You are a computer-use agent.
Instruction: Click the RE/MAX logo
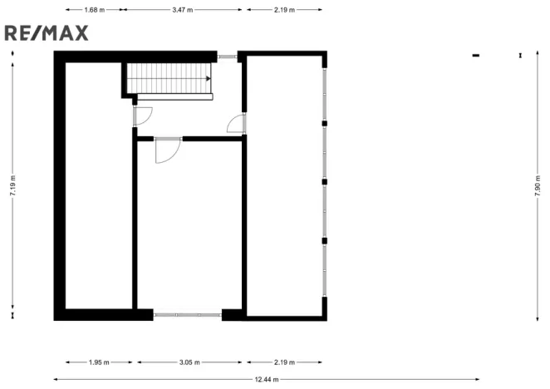point(46,32)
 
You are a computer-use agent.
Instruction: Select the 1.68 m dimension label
point(96,10)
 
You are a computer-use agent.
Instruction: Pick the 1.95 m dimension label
point(99,362)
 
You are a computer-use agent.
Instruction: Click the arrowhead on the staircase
point(207,79)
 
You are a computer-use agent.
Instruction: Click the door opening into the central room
point(166,150)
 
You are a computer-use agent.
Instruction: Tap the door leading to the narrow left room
point(142,116)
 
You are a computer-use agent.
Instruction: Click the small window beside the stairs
point(227,57)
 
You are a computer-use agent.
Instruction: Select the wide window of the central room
point(188,314)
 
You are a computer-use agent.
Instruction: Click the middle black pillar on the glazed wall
point(325,181)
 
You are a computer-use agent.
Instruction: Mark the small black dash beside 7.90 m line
point(476,56)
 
